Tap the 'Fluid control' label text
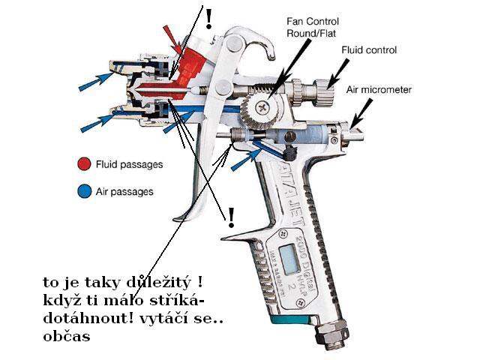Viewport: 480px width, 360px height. (x=369, y=50)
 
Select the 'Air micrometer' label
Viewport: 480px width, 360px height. (x=379, y=90)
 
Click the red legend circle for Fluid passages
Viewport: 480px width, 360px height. (x=83, y=163)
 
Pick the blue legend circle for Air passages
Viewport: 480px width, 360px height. (x=83, y=191)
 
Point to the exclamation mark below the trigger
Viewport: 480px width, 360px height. (x=231, y=218)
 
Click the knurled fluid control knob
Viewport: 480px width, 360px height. (x=322, y=95)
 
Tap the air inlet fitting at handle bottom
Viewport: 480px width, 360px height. (x=331, y=333)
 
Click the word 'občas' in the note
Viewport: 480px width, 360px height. (x=66, y=337)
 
